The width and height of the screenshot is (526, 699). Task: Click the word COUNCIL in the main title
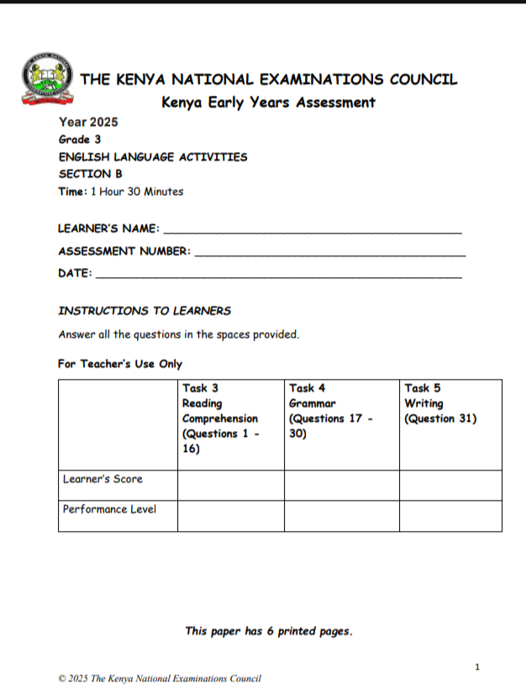point(423,81)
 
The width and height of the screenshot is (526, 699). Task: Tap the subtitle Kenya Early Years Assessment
point(268,102)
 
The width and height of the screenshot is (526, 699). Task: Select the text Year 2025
point(88,123)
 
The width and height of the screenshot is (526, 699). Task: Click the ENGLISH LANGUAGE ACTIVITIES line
point(152,157)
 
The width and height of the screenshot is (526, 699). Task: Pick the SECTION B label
point(90,174)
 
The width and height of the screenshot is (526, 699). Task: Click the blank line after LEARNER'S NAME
point(311,230)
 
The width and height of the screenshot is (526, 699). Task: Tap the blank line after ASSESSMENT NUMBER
point(329,253)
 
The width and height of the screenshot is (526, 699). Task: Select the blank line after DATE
point(279,275)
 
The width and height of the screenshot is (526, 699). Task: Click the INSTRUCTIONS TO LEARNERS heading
point(144,311)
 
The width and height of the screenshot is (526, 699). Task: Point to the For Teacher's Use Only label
point(120,364)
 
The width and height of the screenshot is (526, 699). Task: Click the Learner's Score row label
point(103,479)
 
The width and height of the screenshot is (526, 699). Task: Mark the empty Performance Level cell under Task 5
point(450,515)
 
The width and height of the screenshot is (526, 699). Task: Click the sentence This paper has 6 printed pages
point(268,631)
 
